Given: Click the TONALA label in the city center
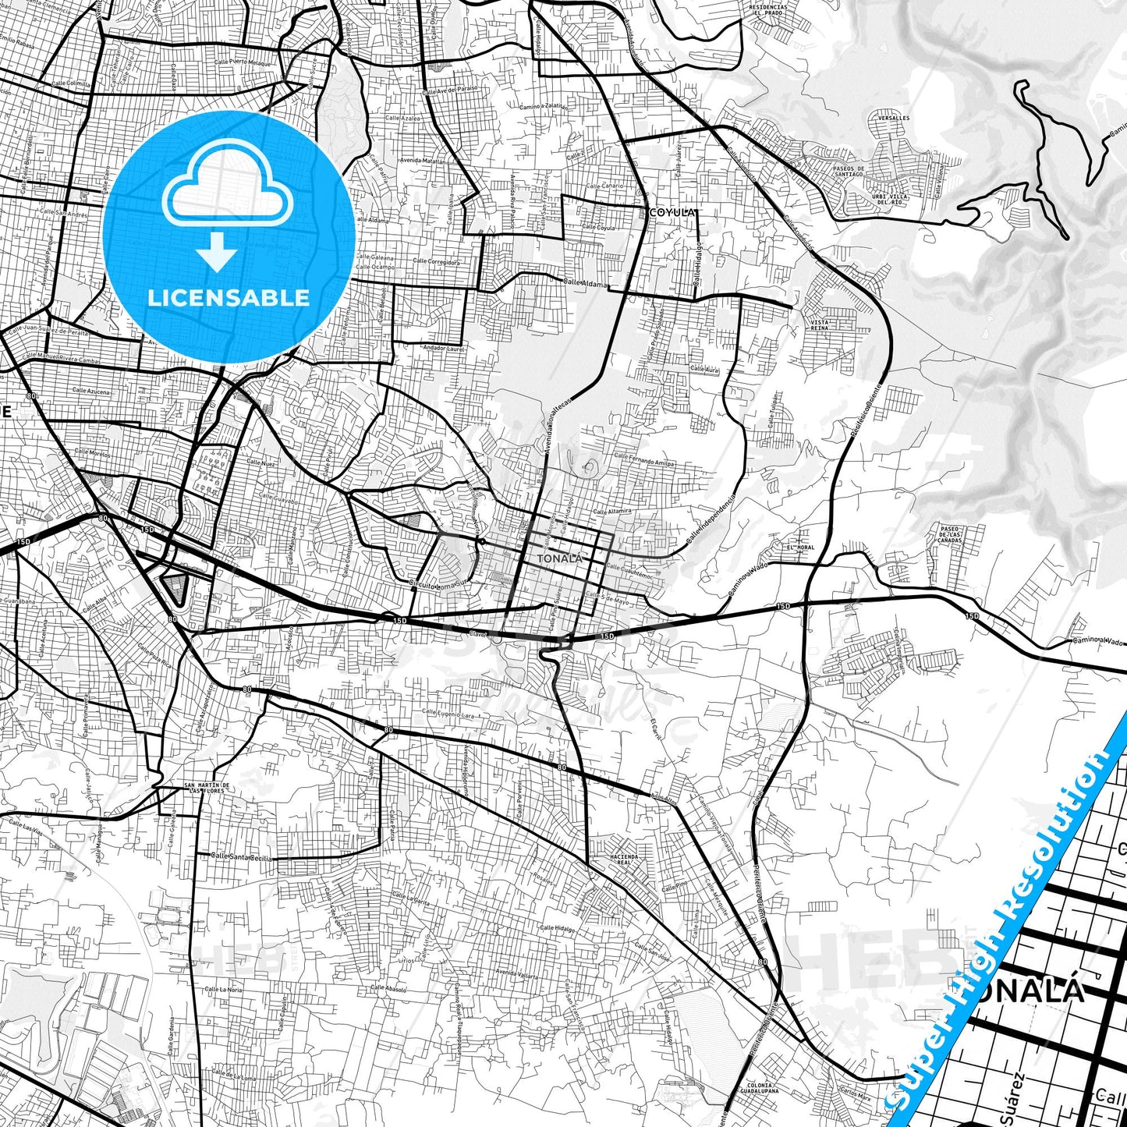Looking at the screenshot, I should click(559, 558).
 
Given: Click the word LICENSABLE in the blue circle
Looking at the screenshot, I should click(229, 297).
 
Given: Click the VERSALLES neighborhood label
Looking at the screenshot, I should click(894, 119).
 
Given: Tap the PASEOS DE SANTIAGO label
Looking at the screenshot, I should click(849, 172).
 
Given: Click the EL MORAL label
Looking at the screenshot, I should click(800, 548).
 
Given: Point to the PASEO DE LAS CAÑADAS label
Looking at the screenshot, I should click(950, 534).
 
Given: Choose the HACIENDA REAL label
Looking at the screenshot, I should click(625, 859).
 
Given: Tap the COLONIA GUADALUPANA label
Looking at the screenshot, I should click(759, 1089).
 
